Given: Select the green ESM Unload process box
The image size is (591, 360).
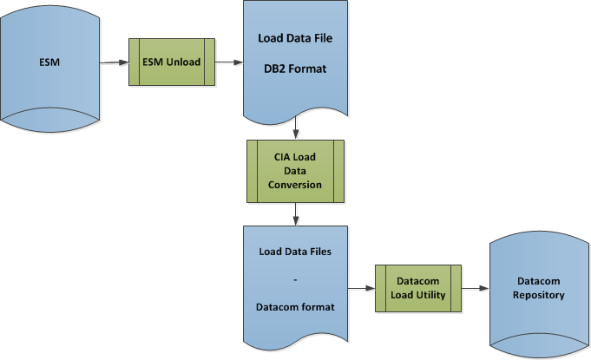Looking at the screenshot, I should (172, 62).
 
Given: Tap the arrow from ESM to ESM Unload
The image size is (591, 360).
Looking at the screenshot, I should (114, 62).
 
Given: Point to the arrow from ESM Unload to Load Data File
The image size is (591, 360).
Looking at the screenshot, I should (229, 62).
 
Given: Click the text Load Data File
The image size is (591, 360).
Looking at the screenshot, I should (295, 38).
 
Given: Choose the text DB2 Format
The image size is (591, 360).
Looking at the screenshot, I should (295, 69).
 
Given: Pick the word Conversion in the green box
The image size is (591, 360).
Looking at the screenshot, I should (296, 184).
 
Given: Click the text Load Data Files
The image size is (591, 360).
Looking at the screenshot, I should (295, 252).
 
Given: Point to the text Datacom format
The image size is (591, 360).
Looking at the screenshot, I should (295, 305).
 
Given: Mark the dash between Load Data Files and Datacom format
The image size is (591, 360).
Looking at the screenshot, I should (295, 279).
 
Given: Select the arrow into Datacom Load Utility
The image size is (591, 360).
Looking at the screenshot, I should (360, 288).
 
